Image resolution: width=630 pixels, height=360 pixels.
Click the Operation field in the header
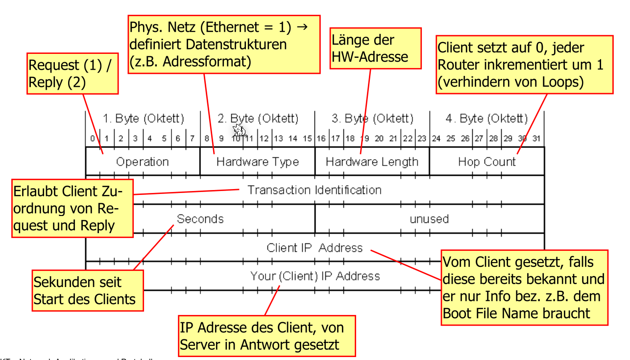pos(142,162)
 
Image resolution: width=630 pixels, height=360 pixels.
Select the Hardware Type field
pos(257,162)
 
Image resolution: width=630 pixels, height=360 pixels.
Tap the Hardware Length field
pos(372,162)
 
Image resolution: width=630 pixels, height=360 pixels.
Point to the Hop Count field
pos(487,162)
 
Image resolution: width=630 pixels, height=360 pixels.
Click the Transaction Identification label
pos(314,190)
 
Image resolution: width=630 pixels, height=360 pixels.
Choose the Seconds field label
pos(200,218)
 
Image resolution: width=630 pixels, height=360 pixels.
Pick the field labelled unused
pos(429,218)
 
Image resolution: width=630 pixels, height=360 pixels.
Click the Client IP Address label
pos(314,247)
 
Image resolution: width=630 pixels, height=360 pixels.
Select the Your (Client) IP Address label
pos(315,276)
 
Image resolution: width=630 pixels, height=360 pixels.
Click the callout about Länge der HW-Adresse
pos(370,48)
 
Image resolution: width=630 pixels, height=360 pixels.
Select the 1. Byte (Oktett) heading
pos(143,119)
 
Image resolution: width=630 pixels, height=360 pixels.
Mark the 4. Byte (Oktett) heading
pos(487,119)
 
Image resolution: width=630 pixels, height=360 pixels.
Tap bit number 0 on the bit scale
pos(92,139)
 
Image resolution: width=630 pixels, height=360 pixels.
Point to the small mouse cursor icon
pos(239,130)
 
